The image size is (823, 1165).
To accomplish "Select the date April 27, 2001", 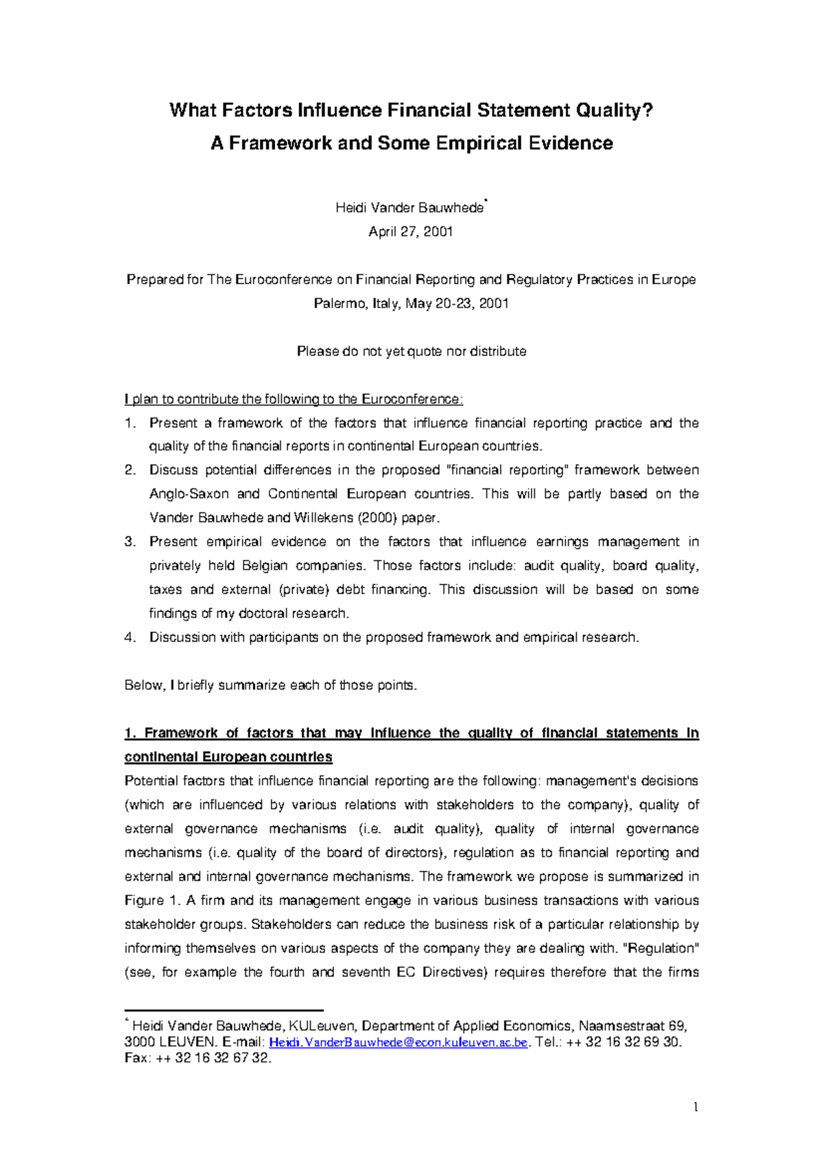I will click(410, 232).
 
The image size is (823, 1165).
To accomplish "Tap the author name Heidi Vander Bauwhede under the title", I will click(409, 208).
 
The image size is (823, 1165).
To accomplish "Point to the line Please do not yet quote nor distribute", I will click(411, 351).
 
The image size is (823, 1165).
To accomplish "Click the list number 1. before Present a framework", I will click(130, 423).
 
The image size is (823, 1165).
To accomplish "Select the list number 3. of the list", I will click(130, 542).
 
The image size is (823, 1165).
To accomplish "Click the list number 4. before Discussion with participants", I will click(130, 637).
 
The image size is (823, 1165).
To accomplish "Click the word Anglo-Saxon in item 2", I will click(189, 494).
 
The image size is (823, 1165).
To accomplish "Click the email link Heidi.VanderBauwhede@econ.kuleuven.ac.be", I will click(398, 1043).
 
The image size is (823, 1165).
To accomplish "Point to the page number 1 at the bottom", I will click(695, 1107).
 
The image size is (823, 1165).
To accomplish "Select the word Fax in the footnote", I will click(136, 1058).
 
